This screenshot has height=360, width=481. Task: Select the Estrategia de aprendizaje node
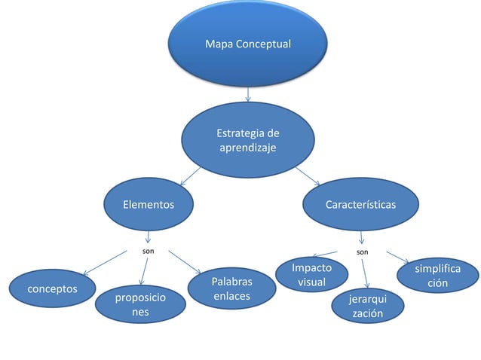(x=247, y=140)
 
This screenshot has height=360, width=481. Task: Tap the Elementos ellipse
(x=149, y=204)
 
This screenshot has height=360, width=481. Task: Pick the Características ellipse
(x=360, y=204)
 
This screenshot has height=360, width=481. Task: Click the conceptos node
(x=51, y=288)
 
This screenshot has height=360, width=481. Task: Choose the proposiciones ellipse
(x=140, y=305)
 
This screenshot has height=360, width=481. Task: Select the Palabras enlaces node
(x=231, y=288)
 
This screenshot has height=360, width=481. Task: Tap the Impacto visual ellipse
(x=311, y=275)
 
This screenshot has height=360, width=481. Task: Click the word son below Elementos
(x=149, y=248)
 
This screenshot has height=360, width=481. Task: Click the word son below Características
(x=362, y=249)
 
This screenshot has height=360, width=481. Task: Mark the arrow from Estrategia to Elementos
(x=189, y=176)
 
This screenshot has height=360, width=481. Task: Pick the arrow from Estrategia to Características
(x=308, y=176)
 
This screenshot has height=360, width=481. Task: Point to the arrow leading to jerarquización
(x=365, y=275)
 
